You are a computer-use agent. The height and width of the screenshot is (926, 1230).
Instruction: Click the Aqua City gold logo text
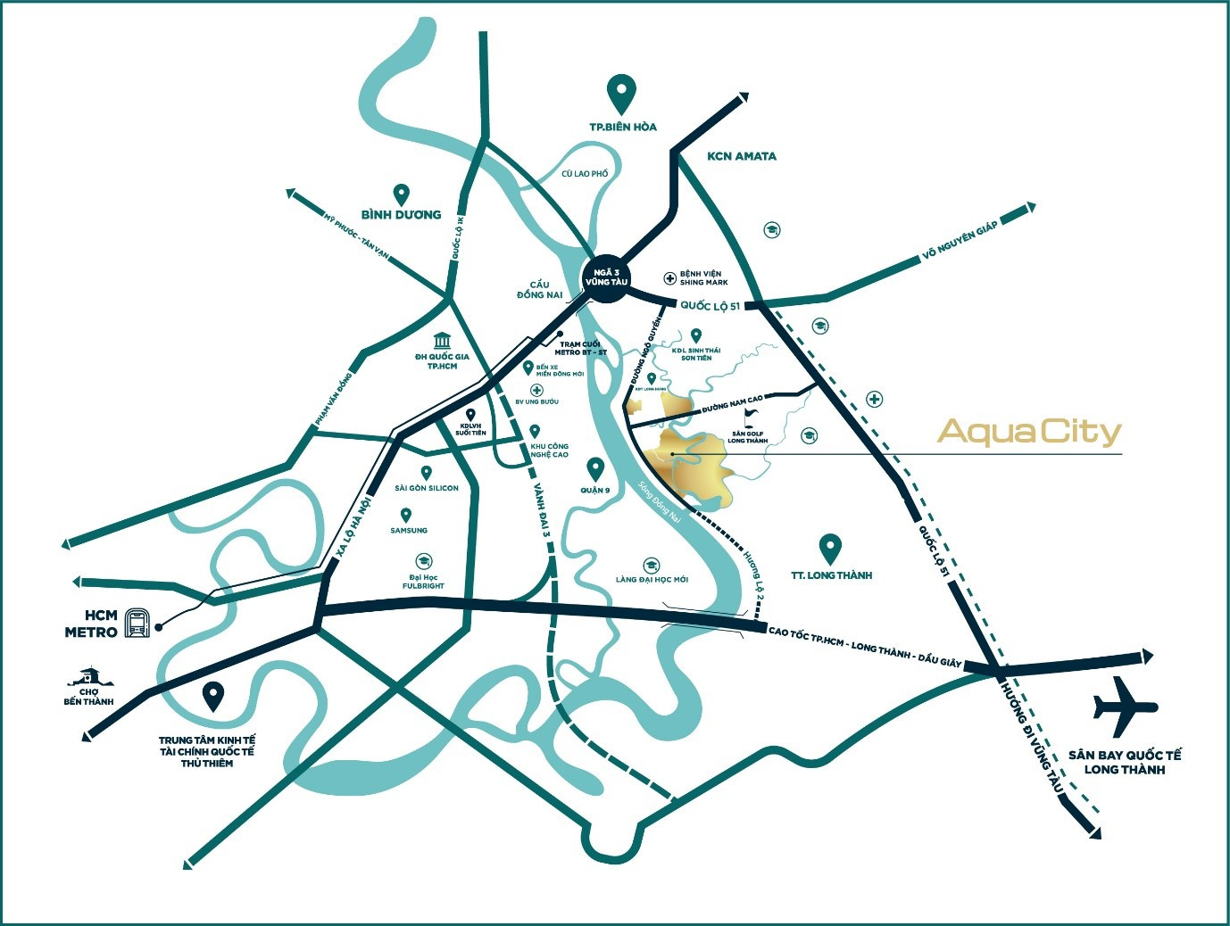click(x=1029, y=433)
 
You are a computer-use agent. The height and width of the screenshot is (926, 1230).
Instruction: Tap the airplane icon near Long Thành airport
click(x=1125, y=707)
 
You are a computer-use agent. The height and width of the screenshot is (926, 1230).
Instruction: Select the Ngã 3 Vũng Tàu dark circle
click(x=606, y=277)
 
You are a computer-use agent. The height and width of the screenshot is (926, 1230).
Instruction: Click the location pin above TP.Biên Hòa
click(x=621, y=91)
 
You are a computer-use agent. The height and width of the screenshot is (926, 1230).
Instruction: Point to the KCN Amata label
click(x=742, y=156)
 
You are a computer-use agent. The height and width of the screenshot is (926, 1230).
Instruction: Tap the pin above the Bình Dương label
click(x=402, y=194)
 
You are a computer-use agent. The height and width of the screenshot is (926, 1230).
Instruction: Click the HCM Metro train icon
click(x=137, y=622)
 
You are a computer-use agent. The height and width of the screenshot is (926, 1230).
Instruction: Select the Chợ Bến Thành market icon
click(x=87, y=675)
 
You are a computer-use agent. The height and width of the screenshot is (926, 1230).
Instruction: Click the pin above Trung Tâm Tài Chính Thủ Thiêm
click(x=212, y=696)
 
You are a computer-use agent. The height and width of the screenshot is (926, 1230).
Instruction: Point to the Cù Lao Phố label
click(x=585, y=174)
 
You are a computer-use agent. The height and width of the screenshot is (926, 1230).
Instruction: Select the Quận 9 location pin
click(x=595, y=467)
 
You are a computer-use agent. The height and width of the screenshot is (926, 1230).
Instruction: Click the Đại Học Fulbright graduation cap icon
click(x=423, y=561)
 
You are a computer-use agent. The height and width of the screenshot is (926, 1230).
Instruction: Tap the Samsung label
click(x=409, y=531)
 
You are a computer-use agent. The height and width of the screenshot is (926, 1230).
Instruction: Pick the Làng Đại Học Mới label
click(x=652, y=580)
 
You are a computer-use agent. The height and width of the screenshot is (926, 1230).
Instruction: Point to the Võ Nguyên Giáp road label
click(x=960, y=243)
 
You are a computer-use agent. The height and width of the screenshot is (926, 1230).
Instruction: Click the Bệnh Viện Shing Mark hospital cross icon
click(x=669, y=278)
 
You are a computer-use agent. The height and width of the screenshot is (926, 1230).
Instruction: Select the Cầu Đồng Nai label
click(x=539, y=290)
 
